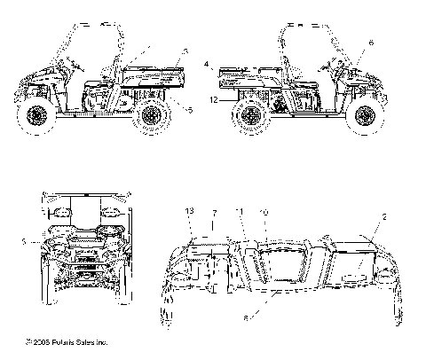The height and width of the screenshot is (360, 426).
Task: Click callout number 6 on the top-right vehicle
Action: click(x=371, y=43)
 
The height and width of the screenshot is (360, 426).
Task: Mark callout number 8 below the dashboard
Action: click(x=245, y=315)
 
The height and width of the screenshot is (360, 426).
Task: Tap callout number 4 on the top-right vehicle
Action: click(x=205, y=65)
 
